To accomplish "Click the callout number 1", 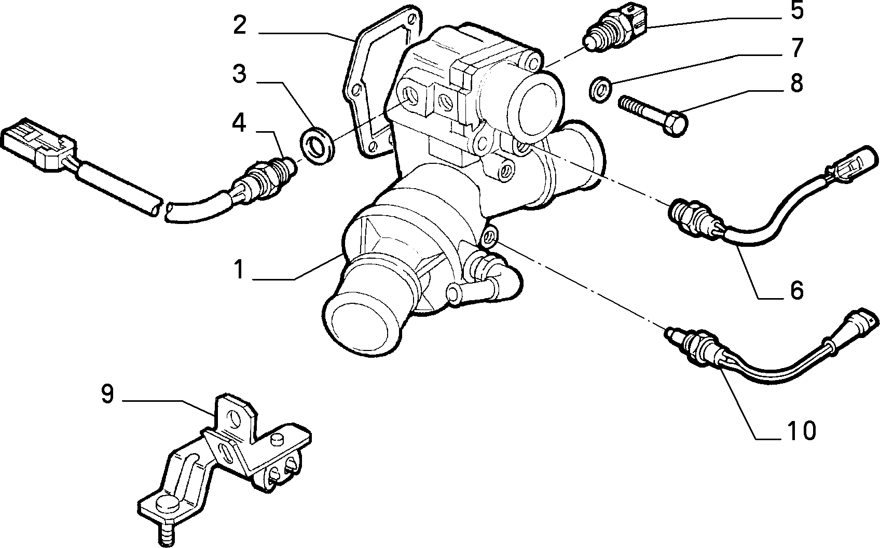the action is pyautogui.click(x=239, y=270).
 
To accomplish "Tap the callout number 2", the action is pyautogui.click(x=240, y=26).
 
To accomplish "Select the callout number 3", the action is pyautogui.click(x=239, y=74).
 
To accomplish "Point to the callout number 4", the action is pyautogui.click(x=239, y=122).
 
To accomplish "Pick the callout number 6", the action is pyautogui.click(x=796, y=290).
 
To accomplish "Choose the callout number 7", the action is pyautogui.click(x=797, y=48).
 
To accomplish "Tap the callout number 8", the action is pyautogui.click(x=796, y=83).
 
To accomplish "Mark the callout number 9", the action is pyautogui.click(x=107, y=394).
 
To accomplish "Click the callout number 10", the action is pyautogui.click(x=802, y=431).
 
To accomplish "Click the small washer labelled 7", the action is pyautogui.click(x=600, y=90).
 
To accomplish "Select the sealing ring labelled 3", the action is pyautogui.click(x=318, y=145).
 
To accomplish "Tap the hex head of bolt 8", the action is pyautogui.click(x=676, y=123).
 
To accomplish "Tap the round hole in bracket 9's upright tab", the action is pyautogui.click(x=233, y=419).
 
